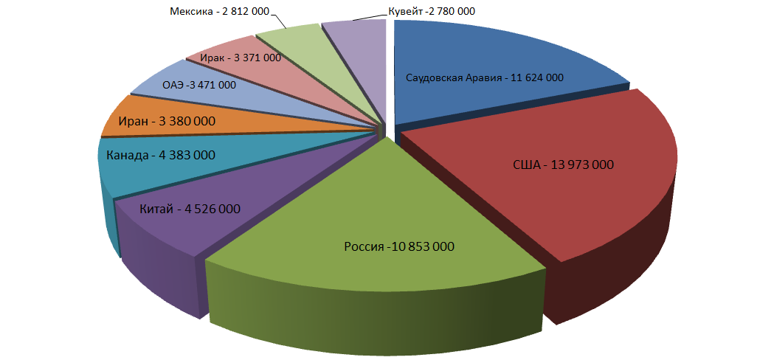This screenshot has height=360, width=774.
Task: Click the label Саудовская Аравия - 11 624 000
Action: pyautogui.click(x=485, y=77)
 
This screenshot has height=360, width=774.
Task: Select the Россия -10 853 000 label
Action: pyautogui.click(x=398, y=246)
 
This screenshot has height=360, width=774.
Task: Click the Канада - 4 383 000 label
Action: pyautogui.click(x=161, y=156)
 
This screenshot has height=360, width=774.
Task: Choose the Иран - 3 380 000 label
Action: pyautogui.click(x=167, y=121)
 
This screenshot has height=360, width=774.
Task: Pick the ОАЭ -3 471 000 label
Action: pyautogui.click(x=199, y=85)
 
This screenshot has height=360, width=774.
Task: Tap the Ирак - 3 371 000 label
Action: pyautogui.click(x=241, y=58)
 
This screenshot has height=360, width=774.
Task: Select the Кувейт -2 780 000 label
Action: pyautogui.click(x=431, y=11)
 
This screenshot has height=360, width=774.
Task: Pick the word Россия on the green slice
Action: pyautogui.click(x=362, y=246)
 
